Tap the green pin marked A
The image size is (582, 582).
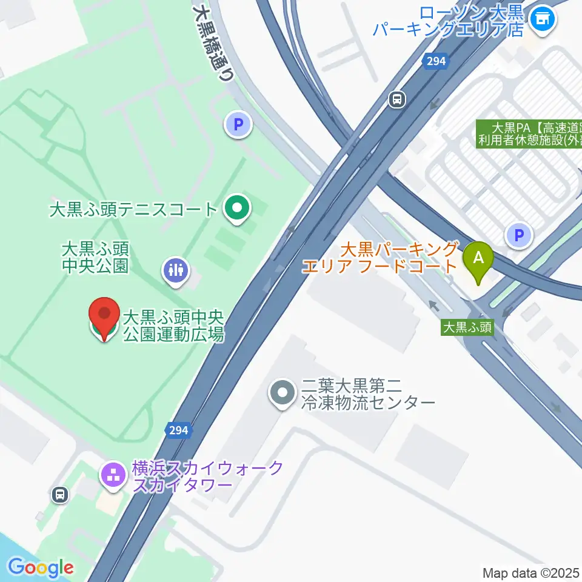tap(478, 259)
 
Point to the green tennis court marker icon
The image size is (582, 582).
tap(236, 209)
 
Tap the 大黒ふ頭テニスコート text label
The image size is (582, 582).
tap(133, 210)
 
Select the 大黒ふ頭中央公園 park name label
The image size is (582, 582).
tap(95, 257)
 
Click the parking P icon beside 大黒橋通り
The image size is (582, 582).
tap(238, 125)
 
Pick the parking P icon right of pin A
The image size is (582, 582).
tap(519, 234)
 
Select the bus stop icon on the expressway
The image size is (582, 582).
tap(398, 98)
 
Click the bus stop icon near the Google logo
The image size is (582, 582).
tap(59, 495)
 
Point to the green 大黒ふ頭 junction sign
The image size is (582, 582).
tap(467, 327)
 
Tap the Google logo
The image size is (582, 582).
tap(41, 567)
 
